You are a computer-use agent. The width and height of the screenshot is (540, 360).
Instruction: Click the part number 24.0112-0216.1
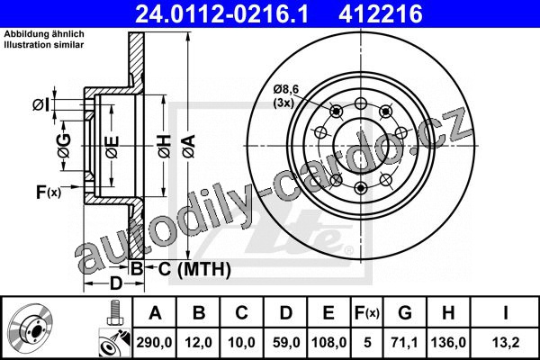[x=222, y=14]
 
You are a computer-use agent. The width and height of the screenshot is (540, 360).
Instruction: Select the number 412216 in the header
[x=381, y=14]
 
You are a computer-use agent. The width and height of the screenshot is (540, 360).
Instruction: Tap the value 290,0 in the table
[x=154, y=342]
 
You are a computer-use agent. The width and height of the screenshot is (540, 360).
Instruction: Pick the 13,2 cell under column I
[x=505, y=342]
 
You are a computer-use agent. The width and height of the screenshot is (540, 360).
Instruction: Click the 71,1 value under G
[x=404, y=342]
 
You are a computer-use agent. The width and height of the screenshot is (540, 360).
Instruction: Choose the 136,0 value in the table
[x=448, y=342]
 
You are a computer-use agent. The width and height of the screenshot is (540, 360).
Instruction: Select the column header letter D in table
[x=286, y=313]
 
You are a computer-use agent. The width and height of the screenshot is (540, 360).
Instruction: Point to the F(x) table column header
[x=367, y=313]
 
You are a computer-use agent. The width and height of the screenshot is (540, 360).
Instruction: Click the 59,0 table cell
[x=286, y=342]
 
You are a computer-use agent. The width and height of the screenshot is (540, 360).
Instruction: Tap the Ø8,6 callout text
[x=286, y=89]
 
